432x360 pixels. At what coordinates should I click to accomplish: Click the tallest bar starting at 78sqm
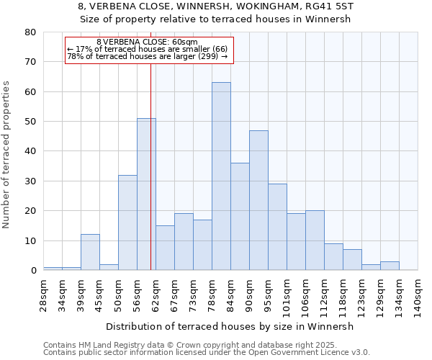221,176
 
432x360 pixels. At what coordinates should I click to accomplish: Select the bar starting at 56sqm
146,194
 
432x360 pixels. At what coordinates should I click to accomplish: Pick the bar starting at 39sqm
90,252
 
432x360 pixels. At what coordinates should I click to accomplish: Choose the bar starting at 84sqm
240,216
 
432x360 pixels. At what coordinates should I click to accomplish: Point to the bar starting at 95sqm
277,227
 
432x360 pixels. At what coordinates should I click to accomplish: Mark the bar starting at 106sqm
315,240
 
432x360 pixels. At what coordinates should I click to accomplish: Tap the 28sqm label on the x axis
43,294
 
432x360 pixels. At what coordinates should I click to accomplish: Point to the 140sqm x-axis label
418,295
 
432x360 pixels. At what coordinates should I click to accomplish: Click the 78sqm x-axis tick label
212,294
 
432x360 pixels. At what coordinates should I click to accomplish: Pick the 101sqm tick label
287,295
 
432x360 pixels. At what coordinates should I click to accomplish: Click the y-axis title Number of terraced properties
6,154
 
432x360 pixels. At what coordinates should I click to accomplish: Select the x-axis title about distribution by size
235,326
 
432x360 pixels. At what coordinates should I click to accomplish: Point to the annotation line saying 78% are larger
147,56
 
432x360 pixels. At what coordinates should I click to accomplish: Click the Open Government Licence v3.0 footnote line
206,353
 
